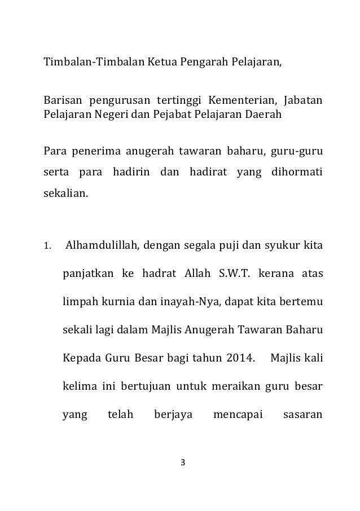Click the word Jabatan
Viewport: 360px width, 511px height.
303,101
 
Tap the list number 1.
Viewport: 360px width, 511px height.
48,246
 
